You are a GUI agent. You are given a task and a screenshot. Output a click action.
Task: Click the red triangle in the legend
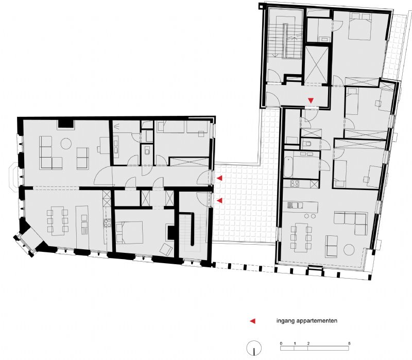[x=252, y=321]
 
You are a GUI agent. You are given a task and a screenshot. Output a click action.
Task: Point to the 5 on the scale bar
[x=349, y=343]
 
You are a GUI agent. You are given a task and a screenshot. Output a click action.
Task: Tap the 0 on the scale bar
[x=281, y=343]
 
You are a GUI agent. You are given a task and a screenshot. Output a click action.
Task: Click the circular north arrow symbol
[x=254, y=348]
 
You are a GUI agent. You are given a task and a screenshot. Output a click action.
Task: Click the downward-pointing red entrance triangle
[x=311, y=100]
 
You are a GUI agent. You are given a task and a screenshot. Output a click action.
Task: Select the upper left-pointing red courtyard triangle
[x=220, y=178]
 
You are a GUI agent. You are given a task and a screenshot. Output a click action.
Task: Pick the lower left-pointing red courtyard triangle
[x=220, y=200]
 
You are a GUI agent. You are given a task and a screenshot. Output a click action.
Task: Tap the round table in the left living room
[x=66, y=144]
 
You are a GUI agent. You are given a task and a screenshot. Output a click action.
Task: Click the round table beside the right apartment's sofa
[x=350, y=250]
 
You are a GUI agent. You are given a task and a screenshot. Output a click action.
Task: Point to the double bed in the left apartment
[x=129, y=232]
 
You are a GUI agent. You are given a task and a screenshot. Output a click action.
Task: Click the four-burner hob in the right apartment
[x=294, y=184]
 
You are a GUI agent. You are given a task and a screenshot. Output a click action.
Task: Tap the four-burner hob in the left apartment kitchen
[x=107, y=223]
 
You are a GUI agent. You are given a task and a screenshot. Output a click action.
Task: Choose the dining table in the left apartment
[x=58, y=221]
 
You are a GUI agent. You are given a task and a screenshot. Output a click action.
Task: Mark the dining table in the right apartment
[x=301, y=236]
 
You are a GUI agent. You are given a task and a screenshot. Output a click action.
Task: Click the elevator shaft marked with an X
[x=316, y=64]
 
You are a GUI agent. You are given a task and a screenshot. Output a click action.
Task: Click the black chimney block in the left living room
[x=66, y=124]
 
